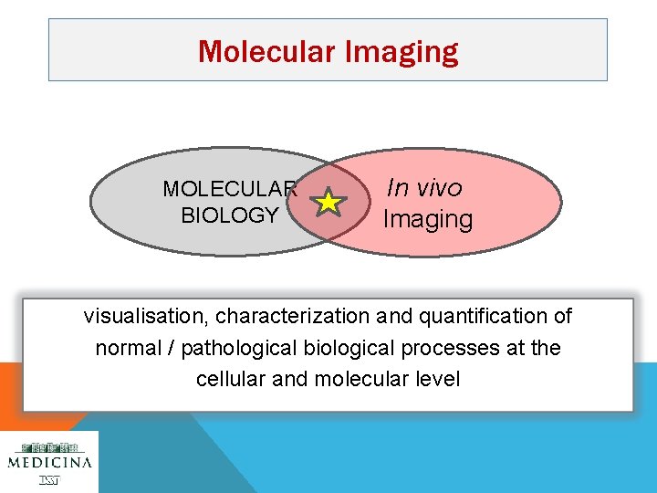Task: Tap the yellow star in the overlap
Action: click(x=328, y=202)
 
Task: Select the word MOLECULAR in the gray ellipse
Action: click(x=230, y=189)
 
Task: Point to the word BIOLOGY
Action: click(x=230, y=215)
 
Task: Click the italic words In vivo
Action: click(x=424, y=187)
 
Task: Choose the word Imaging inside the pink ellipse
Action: click(x=428, y=219)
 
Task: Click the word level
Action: click(x=438, y=379)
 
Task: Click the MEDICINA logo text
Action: click(x=49, y=462)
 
